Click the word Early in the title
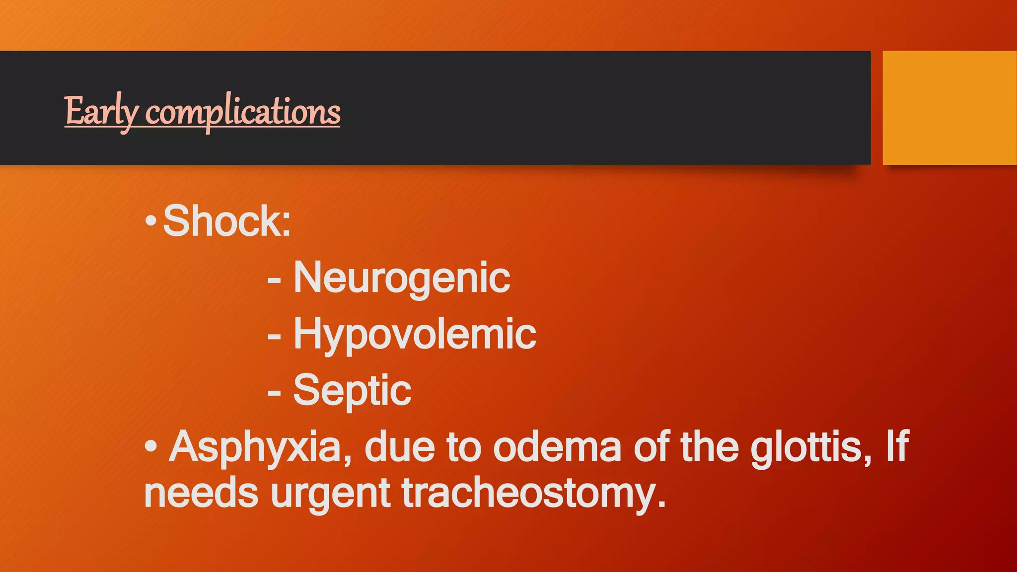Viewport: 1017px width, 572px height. point(101,111)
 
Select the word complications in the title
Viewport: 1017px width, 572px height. point(243,112)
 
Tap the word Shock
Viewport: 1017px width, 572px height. point(226,221)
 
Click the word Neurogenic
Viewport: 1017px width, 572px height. point(401,278)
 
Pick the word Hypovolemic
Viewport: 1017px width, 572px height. point(414,334)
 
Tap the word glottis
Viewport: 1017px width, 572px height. point(810,447)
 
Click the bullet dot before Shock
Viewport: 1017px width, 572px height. point(151,222)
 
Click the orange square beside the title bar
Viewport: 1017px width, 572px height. point(949,108)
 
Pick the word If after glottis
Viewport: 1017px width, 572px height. point(897,447)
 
